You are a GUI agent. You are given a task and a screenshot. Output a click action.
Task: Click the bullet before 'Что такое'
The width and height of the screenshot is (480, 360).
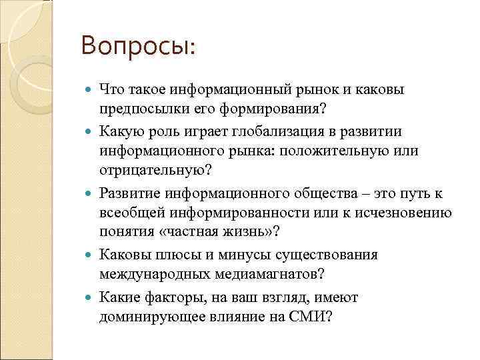coord(90,90)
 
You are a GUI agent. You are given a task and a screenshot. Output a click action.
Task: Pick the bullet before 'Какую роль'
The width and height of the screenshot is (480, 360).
coord(90,131)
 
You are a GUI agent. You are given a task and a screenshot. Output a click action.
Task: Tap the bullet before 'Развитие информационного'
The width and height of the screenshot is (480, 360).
coord(90,193)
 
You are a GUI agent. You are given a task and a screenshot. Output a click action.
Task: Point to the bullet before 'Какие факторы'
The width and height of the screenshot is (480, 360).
coord(90,297)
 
